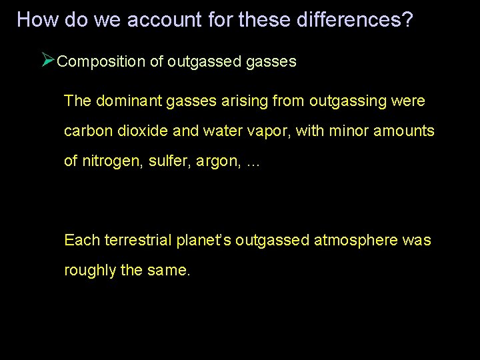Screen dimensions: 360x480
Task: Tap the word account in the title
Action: pyautogui.click(x=161, y=20)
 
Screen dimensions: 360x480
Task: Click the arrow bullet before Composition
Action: pyautogui.click(x=47, y=61)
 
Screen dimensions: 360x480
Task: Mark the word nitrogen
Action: pyautogui.click(x=106, y=161)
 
